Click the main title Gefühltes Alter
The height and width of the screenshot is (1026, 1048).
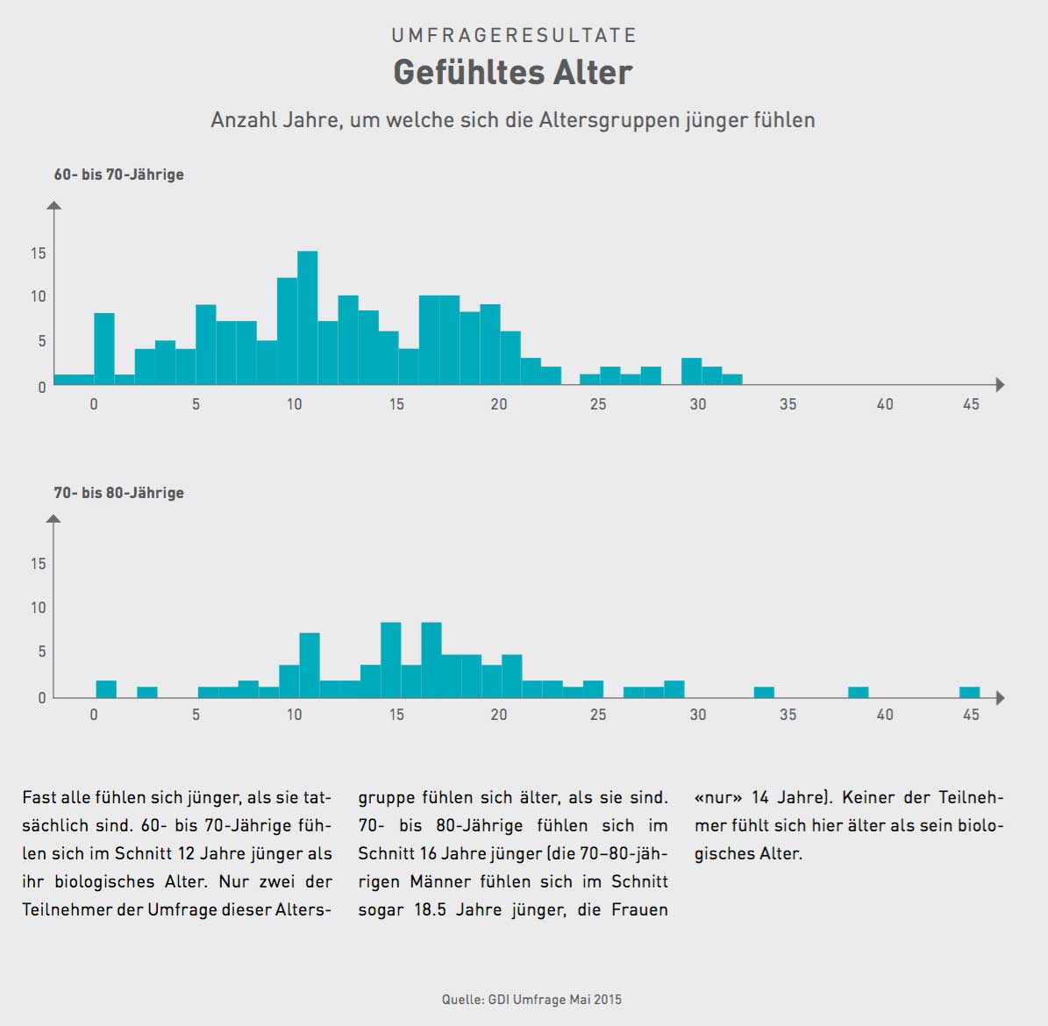(x=512, y=72)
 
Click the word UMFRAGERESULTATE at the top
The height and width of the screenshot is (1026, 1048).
(x=514, y=35)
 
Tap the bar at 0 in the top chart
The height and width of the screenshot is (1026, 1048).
(x=104, y=349)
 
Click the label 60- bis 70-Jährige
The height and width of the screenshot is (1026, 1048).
(x=119, y=175)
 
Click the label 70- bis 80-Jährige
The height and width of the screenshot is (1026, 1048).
(x=119, y=493)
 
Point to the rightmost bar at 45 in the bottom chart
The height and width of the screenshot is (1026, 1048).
(x=969, y=692)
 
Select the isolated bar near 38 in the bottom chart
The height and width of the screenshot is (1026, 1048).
(x=858, y=692)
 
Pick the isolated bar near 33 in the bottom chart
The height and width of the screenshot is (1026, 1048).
(x=764, y=692)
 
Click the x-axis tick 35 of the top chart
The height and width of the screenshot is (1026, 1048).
(x=788, y=404)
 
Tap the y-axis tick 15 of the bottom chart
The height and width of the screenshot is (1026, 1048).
(x=38, y=564)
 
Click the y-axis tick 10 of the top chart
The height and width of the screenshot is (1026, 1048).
(x=38, y=296)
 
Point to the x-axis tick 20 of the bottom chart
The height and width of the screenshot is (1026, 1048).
(x=499, y=715)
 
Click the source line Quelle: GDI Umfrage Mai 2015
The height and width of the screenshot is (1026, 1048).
(x=531, y=1000)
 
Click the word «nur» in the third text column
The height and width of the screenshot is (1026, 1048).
(x=718, y=798)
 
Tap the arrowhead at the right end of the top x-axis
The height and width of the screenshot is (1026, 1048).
(x=999, y=385)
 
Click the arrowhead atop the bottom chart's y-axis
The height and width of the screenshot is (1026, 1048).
(x=54, y=519)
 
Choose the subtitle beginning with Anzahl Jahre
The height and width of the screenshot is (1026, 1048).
(x=512, y=120)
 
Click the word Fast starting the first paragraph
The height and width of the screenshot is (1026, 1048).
(x=39, y=798)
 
